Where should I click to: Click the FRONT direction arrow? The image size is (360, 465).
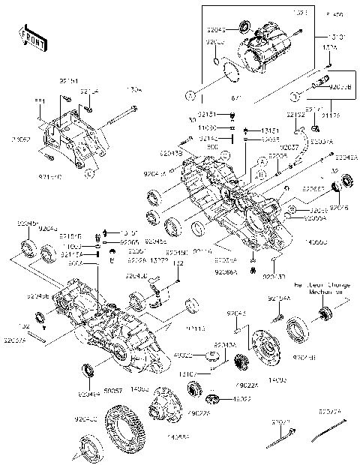point(29,37)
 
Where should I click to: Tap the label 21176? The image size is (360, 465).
point(329,115)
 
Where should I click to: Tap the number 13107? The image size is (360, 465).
point(208,372)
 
